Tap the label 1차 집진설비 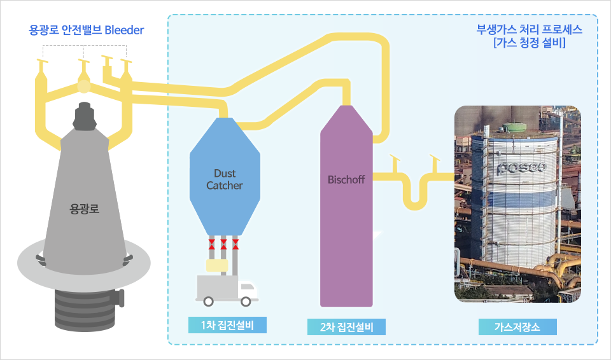(x=227, y=325)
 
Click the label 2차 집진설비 (x=346, y=327)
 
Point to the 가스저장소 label (x=517, y=327)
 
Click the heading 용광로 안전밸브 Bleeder (x=87, y=29)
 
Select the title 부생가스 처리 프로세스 (x=529, y=29)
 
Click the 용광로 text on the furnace (x=83, y=207)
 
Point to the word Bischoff (x=346, y=179)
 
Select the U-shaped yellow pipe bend (x=414, y=197)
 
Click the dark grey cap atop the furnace (x=83, y=114)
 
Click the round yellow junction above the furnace (x=83, y=84)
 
